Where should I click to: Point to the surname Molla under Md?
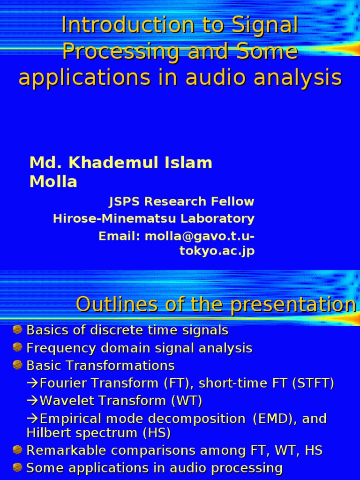pyautogui.click(x=53, y=182)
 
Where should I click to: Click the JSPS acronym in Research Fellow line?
pyautogui.click(x=125, y=202)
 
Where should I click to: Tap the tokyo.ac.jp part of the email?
pyautogui.click(x=217, y=251)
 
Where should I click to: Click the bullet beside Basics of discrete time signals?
pyautogui.click(x=17, y=330)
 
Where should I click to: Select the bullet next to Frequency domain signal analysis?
pyautogui.click(x=17, y=347)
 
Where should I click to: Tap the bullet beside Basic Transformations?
pyautogui.click(x=17, y=365)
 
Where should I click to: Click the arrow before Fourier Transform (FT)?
pyautogui.click(x=33, y=383)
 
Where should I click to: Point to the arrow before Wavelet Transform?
pyautogui.click(x=33, y=401)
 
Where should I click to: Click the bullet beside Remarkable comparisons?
pyautogui.click(x=17, y=450)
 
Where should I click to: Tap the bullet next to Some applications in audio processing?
pyautogui.click(x=17, y=467)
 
